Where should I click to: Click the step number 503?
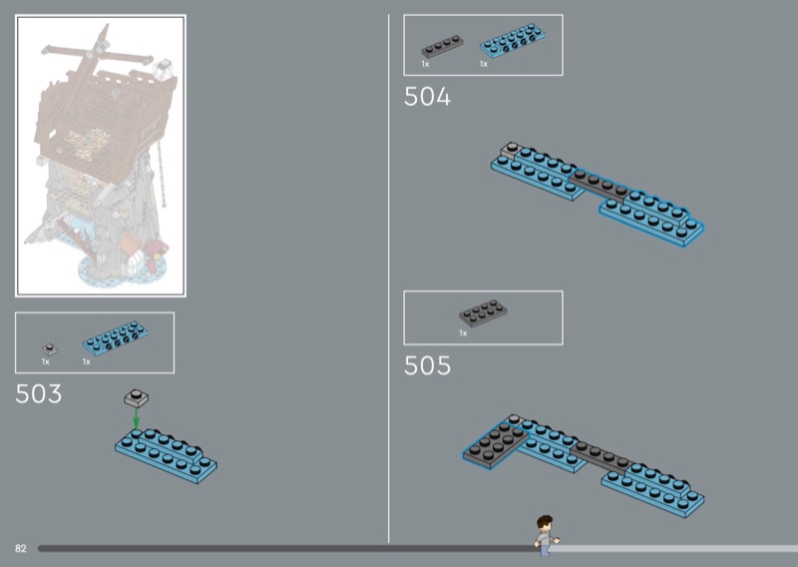(39, 394)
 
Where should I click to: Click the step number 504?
(427, 97)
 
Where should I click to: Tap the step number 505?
(427, 366)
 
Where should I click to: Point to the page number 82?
(20, 549)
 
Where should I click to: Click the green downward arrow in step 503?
(137, 419)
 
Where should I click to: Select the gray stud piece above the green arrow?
(137, 396)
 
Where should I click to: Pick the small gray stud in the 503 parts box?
(48, 348)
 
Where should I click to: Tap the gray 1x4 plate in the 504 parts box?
(441, 46)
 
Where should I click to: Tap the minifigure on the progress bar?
(543, 534)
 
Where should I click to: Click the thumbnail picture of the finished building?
(100, 155)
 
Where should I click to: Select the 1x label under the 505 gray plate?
(464, 332)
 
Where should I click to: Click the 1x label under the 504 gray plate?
(425, 64)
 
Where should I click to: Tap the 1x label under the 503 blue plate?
(86, 361)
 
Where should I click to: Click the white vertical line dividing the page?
(388, 280)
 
